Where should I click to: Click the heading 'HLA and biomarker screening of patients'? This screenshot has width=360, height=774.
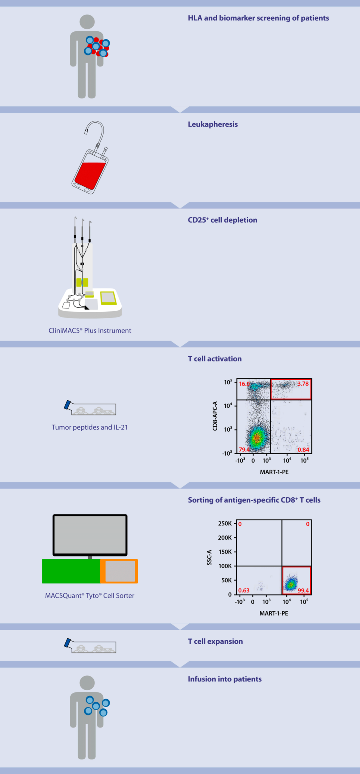point(258,18)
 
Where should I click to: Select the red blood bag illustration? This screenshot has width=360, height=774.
point(90,171)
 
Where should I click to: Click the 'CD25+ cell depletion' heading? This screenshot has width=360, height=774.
point(222,220)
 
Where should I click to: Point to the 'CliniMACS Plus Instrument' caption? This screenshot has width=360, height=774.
point(90,331)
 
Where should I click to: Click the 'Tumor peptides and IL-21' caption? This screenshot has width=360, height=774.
point(90,427)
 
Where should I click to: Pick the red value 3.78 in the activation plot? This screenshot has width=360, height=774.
point(303,383)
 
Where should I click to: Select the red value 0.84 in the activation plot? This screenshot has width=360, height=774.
point(303,449)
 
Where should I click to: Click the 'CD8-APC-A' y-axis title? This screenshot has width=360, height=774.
point(215,416)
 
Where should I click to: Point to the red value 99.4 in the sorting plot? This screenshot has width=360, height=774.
point(303,590)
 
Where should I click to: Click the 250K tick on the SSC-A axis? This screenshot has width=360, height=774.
point(225,523)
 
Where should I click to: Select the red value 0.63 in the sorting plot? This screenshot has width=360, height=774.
point(244,590)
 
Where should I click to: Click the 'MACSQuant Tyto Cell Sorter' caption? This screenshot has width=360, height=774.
point(90,596)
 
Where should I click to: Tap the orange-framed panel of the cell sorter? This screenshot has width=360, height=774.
point(119,571)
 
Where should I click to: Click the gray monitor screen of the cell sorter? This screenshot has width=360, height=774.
point(90,535)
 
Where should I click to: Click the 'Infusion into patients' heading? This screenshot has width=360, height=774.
point(225,679)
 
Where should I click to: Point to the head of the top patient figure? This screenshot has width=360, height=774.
point(87,22)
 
